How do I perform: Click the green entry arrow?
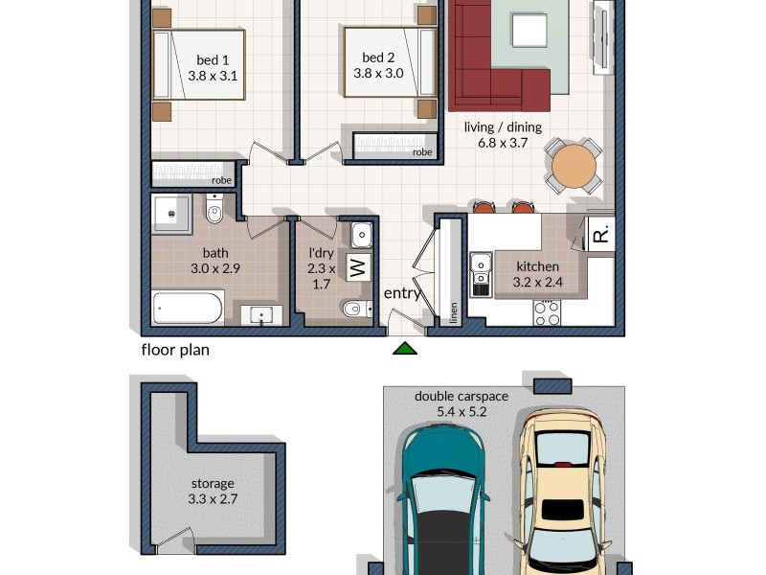pos(405,348)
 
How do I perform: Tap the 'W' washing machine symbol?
pos(357,266)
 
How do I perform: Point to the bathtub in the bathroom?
pos(189,309)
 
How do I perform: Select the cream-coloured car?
pos(563,489)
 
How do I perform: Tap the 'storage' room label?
pos(213,484)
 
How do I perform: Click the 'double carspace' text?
pos(462,396)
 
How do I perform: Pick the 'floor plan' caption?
pos(175,350)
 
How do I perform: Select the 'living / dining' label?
pos(503,127)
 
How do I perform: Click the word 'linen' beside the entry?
pos(454,313)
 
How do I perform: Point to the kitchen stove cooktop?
pos(547,312)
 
